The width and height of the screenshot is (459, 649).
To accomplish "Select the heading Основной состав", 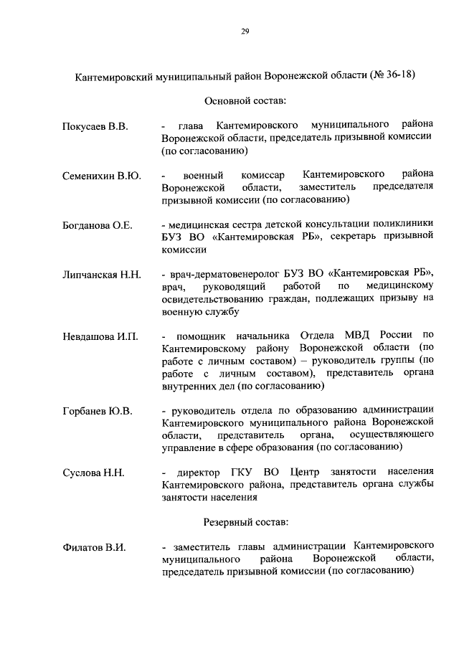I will pos(244,100).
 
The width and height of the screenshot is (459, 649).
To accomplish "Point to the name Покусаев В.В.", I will pos(94,127).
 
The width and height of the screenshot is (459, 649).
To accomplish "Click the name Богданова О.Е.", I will pos(97,225).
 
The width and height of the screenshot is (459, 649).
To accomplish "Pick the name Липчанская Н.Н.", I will pos(100,275).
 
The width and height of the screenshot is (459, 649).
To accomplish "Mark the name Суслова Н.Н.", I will pos(93,473).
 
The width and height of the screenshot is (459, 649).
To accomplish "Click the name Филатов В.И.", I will pos(93,547).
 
